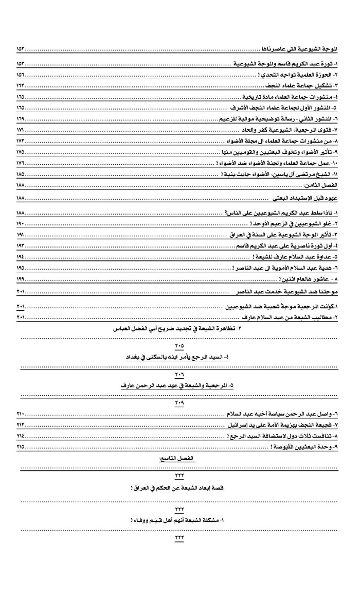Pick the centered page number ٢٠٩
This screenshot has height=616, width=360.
click(x=179, y=403)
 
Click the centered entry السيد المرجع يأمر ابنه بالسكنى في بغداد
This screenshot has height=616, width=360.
click(x=179, y=357)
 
